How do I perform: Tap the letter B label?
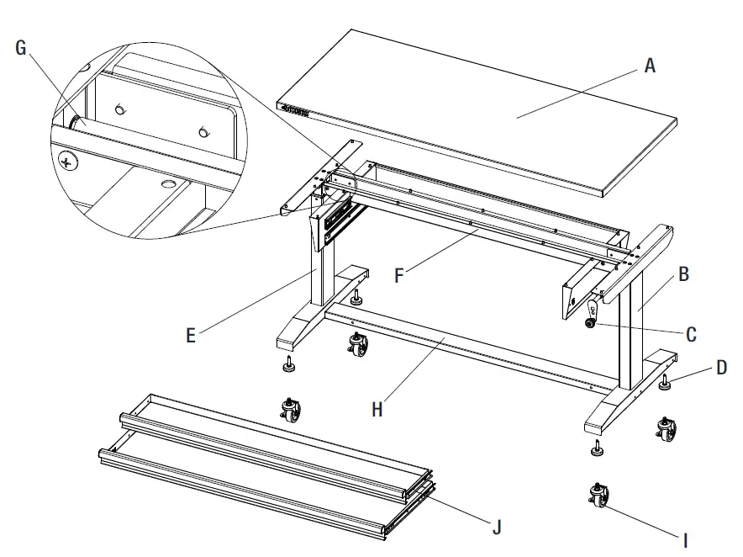683,273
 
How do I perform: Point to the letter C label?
691,334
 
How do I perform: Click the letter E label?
191,335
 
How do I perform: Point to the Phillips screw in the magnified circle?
67,161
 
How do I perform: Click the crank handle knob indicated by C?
593,321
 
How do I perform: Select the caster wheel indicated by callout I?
600,497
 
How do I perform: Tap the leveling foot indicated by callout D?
665,384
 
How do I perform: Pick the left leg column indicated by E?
320,278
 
